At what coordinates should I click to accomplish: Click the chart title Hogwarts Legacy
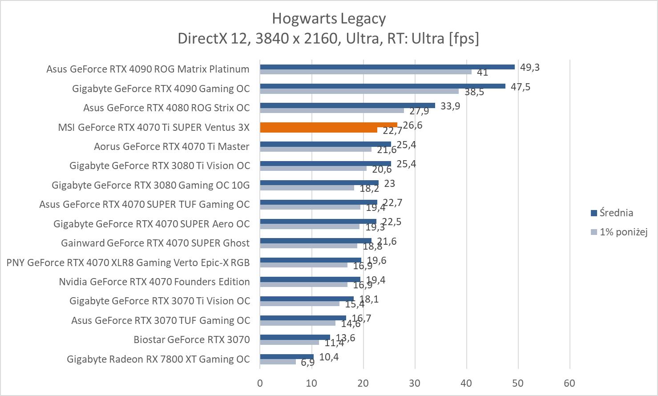[329, 19]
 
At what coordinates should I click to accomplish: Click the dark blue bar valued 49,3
[387, 67]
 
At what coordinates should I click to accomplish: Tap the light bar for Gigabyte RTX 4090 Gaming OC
[359, 91]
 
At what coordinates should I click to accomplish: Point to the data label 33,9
[450, 106]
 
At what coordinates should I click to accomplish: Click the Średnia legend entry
[616, 213]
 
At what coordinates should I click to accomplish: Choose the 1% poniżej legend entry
[623, 232]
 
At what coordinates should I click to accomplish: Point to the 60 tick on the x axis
[569, 383]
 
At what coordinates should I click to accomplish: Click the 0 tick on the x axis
[260, 383]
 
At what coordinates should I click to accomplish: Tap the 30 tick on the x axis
[415, 383]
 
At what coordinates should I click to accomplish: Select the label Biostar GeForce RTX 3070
[192, 339]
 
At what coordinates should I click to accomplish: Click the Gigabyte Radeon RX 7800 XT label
[158, 359]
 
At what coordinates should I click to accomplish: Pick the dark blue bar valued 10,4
[287, 356]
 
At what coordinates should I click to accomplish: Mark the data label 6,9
[307, 362]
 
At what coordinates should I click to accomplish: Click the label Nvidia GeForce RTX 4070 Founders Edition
[154, 282]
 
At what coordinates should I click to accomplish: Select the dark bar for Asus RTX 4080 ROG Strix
[347, 105]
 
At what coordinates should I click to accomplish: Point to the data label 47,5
[521, 86]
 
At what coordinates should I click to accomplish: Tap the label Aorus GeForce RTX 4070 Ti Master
[172, 146]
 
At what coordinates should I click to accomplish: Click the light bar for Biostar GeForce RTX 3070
[289, 342]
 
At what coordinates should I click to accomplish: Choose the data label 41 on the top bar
[482, 72]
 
